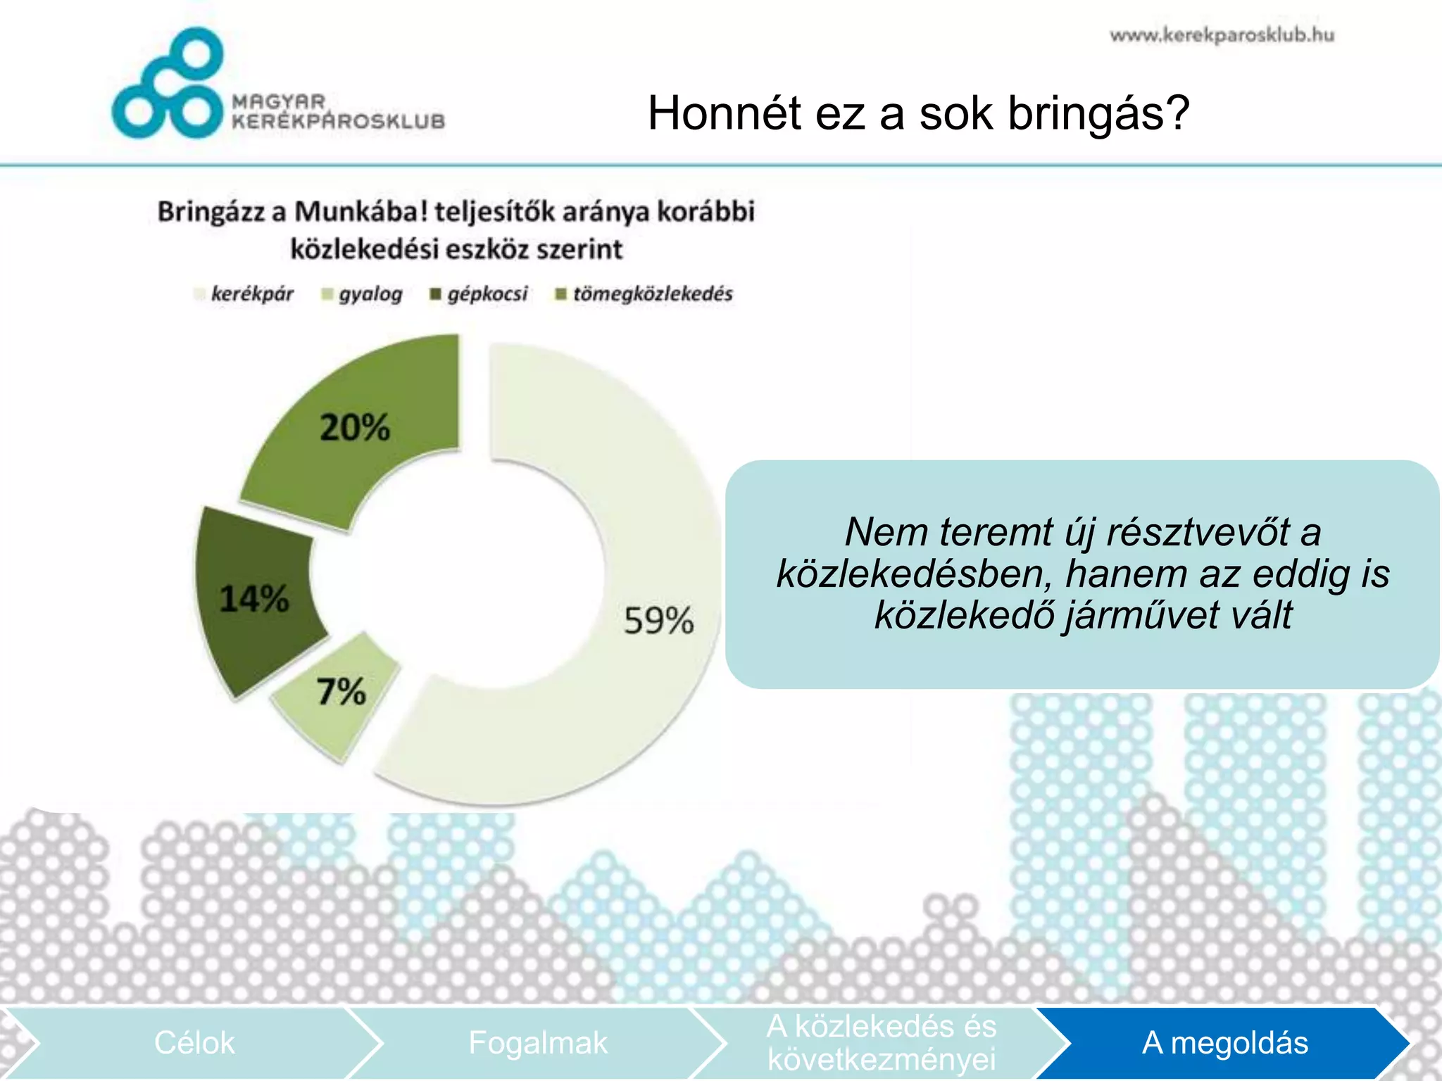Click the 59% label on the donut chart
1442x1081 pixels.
point(658,621)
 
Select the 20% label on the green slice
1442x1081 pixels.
point(354,427)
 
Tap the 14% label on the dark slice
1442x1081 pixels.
point(253,599)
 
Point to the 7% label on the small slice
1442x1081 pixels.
point(341,691)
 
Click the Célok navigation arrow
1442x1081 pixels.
point(194,1043)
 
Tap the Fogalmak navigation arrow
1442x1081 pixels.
point(537,1043)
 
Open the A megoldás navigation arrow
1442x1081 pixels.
point(1224,1043)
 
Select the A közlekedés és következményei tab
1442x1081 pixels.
point(881,1043)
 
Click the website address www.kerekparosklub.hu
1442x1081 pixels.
point(1222,35)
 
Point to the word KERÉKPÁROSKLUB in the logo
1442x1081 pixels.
point(339,121)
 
